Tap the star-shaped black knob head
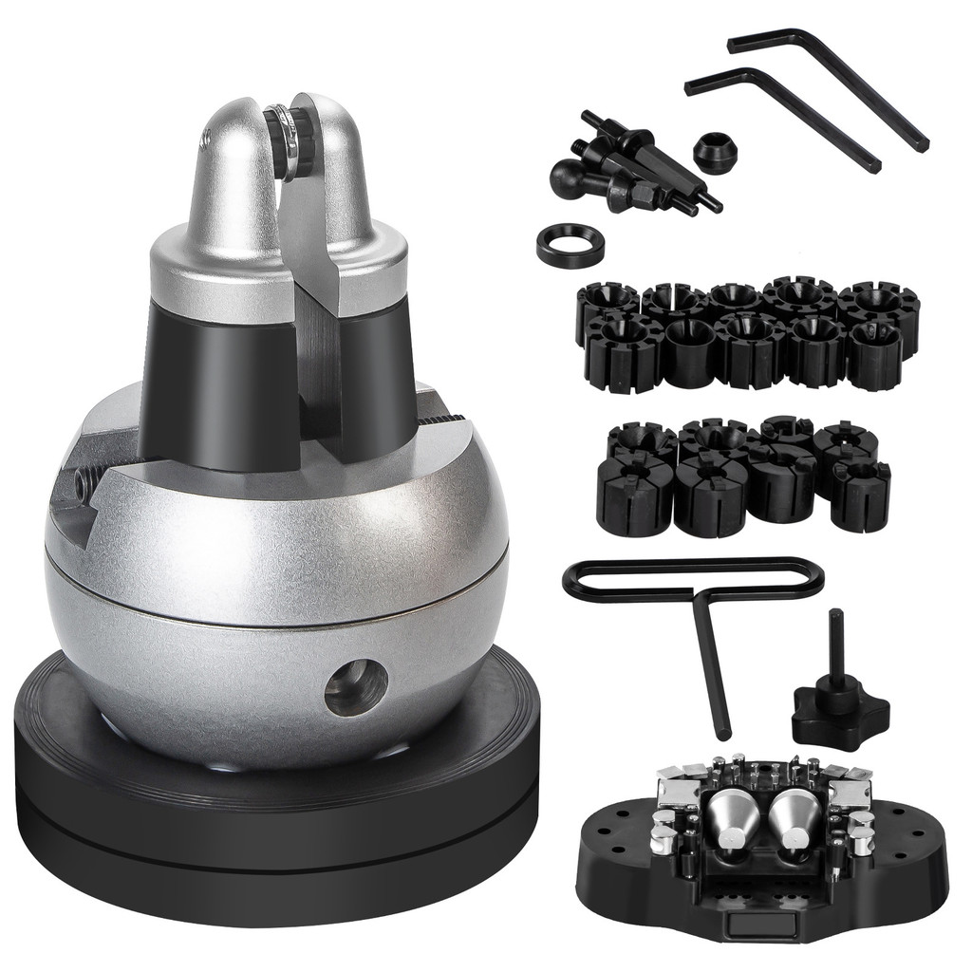pyautogui.click(x=839, y=712)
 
